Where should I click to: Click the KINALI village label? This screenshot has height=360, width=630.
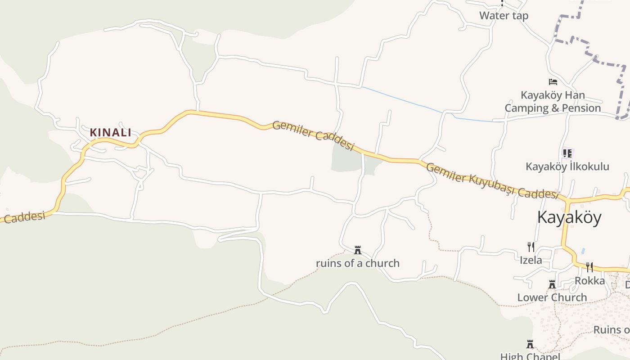pos(110,132)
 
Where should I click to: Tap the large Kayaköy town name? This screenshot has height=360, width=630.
pos(569,217)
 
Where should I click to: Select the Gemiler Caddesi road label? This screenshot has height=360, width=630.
pos(313,135)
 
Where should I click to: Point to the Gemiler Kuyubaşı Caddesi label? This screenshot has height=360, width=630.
pos(492,180)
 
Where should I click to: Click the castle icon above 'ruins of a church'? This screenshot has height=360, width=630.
pos(358,250)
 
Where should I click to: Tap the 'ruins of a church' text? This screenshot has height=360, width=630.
pos(358,263)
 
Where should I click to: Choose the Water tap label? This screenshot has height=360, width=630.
pos(504,16)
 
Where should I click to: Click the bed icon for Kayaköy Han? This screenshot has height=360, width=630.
pos(553,82)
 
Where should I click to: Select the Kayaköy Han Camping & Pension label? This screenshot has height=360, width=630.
pos(553,102)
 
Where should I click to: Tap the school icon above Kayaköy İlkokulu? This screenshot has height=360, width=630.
pos(567,153)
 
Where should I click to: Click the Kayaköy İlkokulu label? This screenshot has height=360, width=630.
pos(567,166)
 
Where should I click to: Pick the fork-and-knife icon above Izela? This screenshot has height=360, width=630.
pos(531,247)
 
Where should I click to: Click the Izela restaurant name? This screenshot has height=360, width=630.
pos(531,260)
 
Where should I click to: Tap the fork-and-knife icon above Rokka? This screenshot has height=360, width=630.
pos(589,267)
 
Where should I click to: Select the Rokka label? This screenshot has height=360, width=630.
pos(589,281)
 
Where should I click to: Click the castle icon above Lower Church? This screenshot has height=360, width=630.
pos(552,284)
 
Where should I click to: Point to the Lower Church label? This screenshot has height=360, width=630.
pos(552,297)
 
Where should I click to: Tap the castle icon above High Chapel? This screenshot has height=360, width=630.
pos(530,344)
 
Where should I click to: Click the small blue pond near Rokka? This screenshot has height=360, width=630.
pos(583,250)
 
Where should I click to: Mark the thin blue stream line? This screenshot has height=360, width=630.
pos(405,100)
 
